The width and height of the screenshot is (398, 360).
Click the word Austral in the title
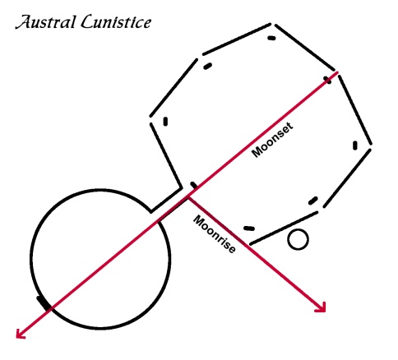tap(45, 22)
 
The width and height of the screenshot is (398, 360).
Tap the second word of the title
tap(116, 22)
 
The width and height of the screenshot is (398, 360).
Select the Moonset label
tap(272, 140)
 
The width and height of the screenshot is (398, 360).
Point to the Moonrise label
tap(215, 234)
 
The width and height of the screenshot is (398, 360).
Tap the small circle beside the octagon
tap(298, 239)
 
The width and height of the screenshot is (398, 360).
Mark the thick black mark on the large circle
tap(44, 303)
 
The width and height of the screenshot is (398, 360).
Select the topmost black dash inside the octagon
tap(271, 38)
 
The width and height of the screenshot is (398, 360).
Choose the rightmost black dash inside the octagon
tap(355, 145)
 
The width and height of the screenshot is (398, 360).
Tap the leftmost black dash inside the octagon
tap(165, 122)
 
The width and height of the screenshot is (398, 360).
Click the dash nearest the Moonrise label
tap(249, 228)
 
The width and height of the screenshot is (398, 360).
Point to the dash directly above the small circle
tap(313, 201)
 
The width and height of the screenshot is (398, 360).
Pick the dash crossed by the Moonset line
tap(327, 80)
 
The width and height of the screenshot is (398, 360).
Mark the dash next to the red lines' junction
tap(193, 186)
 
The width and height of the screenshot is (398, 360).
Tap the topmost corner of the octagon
tap(273, 24)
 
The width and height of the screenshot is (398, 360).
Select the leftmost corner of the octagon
tap(150, 120)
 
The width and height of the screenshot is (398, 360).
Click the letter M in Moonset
tap(257, 152)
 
